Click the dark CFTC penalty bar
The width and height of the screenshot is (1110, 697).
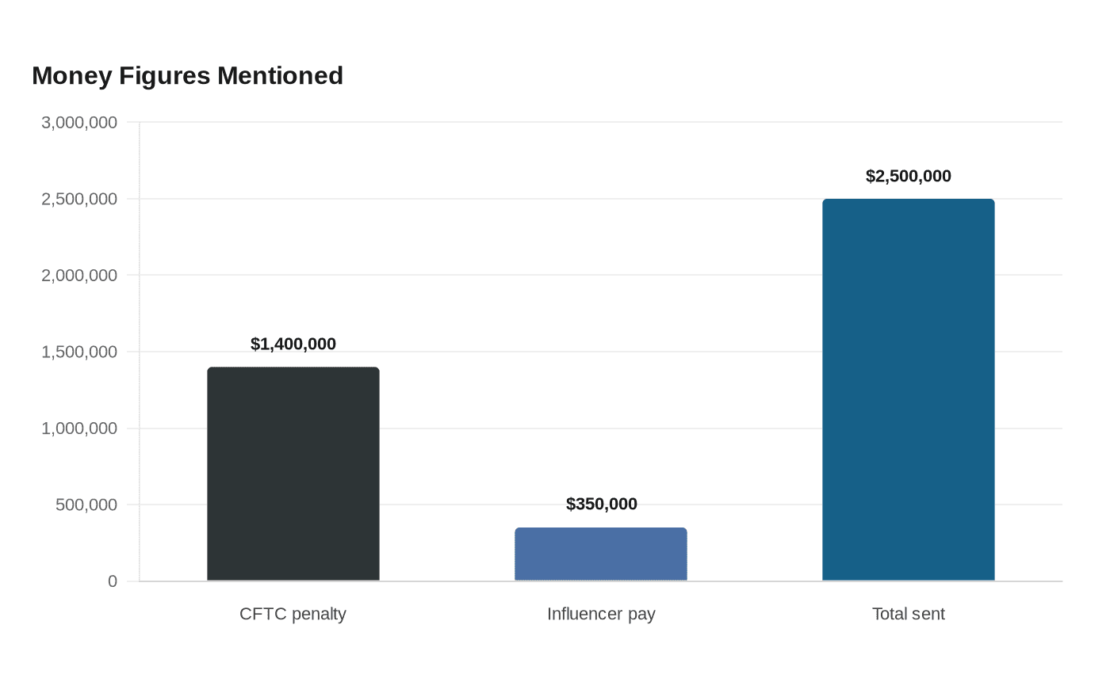(293, 474)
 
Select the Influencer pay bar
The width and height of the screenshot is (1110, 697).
(601, 554)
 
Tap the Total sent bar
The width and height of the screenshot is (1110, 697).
(909, 390)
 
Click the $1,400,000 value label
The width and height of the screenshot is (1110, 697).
(293, 344)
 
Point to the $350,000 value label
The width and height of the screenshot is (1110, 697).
(602, 504)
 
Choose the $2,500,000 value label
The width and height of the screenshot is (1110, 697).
(909, 176)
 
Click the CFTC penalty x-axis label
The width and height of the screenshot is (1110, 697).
(293, 614)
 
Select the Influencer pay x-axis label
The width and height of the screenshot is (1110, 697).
(601, 614)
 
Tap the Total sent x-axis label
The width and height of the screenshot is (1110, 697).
(909, 614)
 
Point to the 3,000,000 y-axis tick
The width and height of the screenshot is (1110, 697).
(79, 122)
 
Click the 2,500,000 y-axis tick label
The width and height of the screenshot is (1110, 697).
(79, 199)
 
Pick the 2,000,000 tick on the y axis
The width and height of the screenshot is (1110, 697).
(79, 276)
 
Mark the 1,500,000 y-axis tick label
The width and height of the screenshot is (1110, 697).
(79, 352)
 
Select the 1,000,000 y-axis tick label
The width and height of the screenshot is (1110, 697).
(79, 428)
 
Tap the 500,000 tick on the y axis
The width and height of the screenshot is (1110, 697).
(86, 505)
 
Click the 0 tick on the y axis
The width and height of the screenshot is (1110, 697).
(113, 581)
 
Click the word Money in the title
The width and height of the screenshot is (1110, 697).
(72, 76)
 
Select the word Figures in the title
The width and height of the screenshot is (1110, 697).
(165, 77)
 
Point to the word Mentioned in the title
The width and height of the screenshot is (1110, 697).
(280, 76)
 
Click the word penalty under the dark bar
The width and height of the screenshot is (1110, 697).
(319, 615)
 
